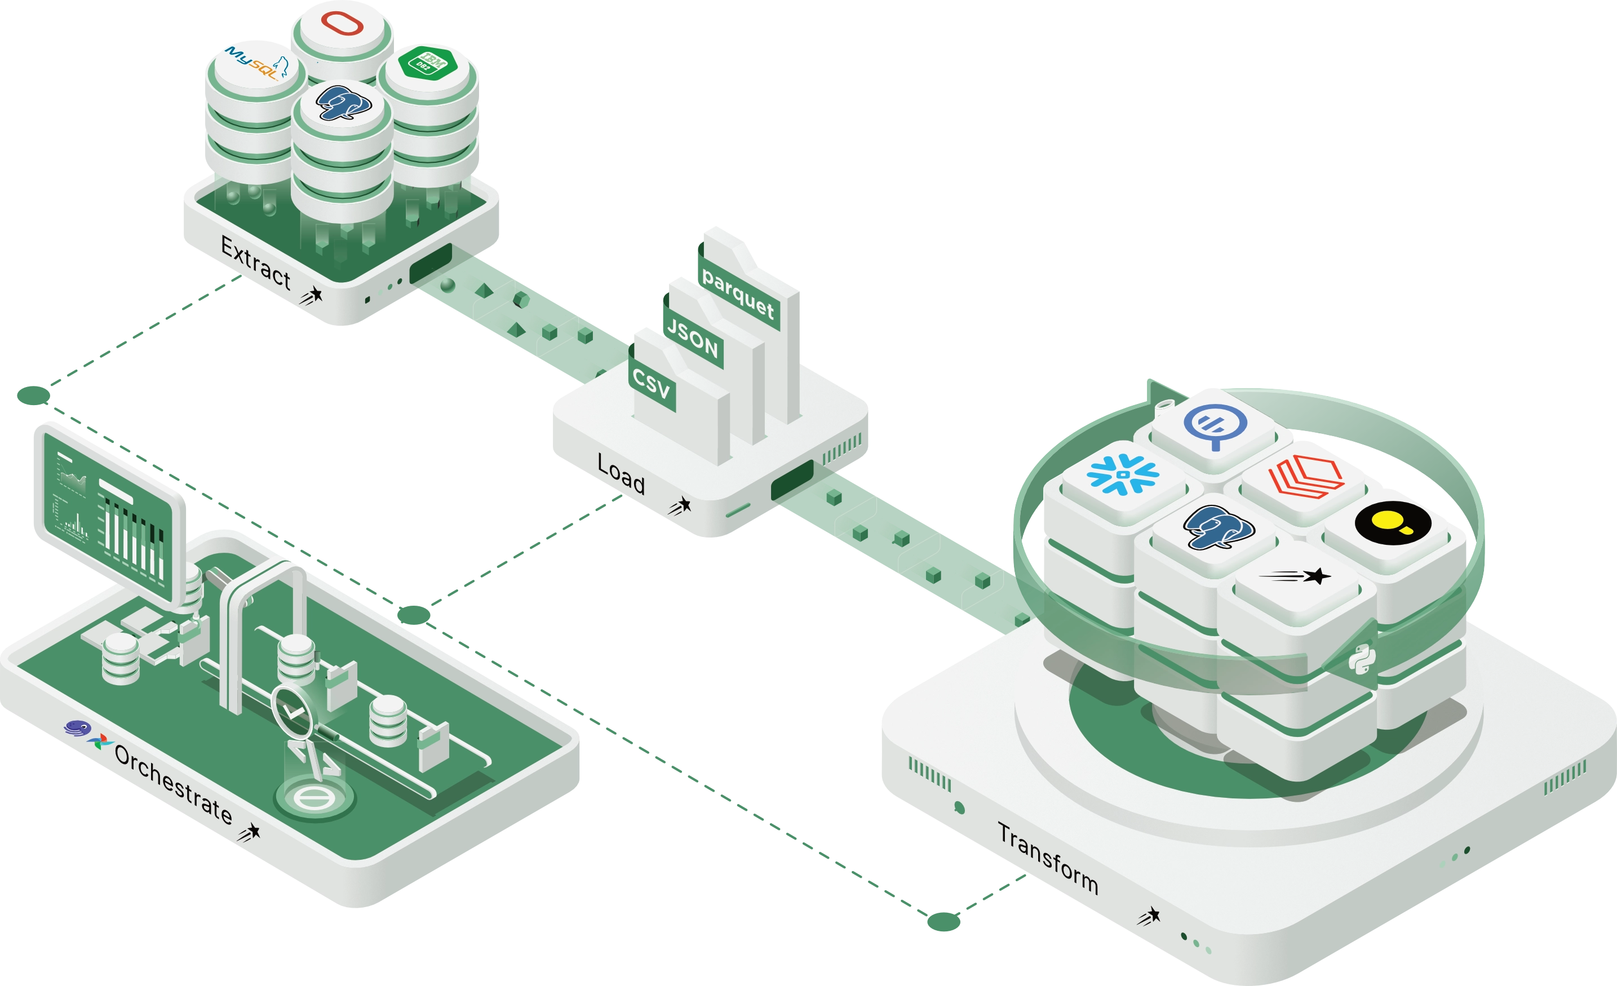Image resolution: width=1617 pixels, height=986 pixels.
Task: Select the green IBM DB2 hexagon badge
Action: [x=427, y=64]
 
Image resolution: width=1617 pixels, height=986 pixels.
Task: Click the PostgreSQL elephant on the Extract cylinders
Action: [x=343, y=103]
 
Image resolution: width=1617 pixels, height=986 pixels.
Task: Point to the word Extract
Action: [x=256, y=263]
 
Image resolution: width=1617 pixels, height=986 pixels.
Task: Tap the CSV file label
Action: [x=651, y=383]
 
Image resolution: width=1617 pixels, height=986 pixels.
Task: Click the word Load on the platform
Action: [x=621, y=474]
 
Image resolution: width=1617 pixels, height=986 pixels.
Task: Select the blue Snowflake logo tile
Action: [x=1123, y=474]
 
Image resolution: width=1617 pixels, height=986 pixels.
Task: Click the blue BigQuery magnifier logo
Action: [x=1215, y=427]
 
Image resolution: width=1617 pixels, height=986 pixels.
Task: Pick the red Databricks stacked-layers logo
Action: [x=1306, y=476]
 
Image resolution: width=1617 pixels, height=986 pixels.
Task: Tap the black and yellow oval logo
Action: [x=1393, y=523]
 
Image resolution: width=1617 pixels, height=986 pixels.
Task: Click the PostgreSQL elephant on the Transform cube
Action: [x=1218, y=526]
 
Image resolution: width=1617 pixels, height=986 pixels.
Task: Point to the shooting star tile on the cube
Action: [x=1296, y=576]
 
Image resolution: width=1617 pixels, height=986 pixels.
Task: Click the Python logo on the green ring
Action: [x=1362, y=659]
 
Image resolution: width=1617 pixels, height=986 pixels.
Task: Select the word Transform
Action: [x=1048, y=858]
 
